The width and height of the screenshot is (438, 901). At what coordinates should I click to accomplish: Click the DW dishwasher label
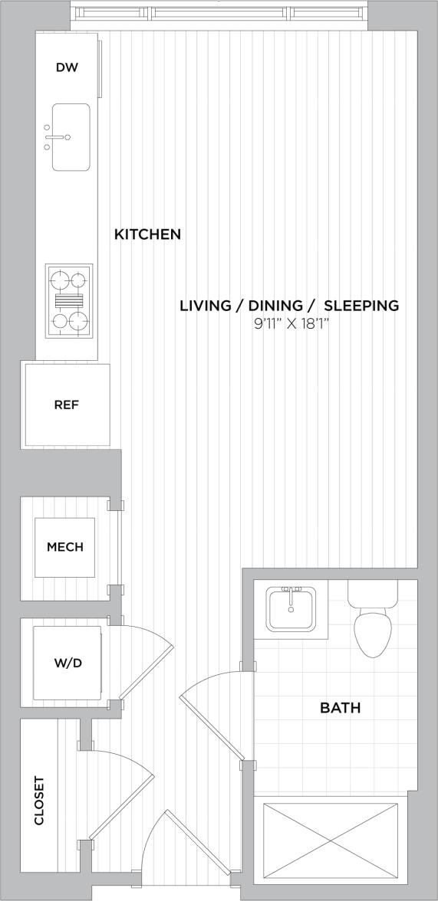[67, 67]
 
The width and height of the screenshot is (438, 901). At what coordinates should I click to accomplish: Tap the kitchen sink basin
[71, 137]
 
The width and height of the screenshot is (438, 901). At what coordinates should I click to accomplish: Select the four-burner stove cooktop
[69, 300]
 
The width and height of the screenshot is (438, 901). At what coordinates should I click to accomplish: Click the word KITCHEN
[147, 234]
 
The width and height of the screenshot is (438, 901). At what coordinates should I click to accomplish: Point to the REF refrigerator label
[67, 405]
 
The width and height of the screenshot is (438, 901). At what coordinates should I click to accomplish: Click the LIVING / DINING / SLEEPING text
[289, 306]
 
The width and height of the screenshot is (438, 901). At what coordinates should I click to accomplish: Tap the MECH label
[65, 547]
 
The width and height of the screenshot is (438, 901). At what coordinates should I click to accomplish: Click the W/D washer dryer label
[67, 662]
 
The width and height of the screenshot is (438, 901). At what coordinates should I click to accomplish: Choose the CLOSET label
[39, 801]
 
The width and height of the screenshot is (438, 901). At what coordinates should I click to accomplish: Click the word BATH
[340, 708]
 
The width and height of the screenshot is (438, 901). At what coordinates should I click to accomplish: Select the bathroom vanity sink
[291, 609]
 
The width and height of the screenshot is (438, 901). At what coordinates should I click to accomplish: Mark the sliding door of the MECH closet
[118, 547]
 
